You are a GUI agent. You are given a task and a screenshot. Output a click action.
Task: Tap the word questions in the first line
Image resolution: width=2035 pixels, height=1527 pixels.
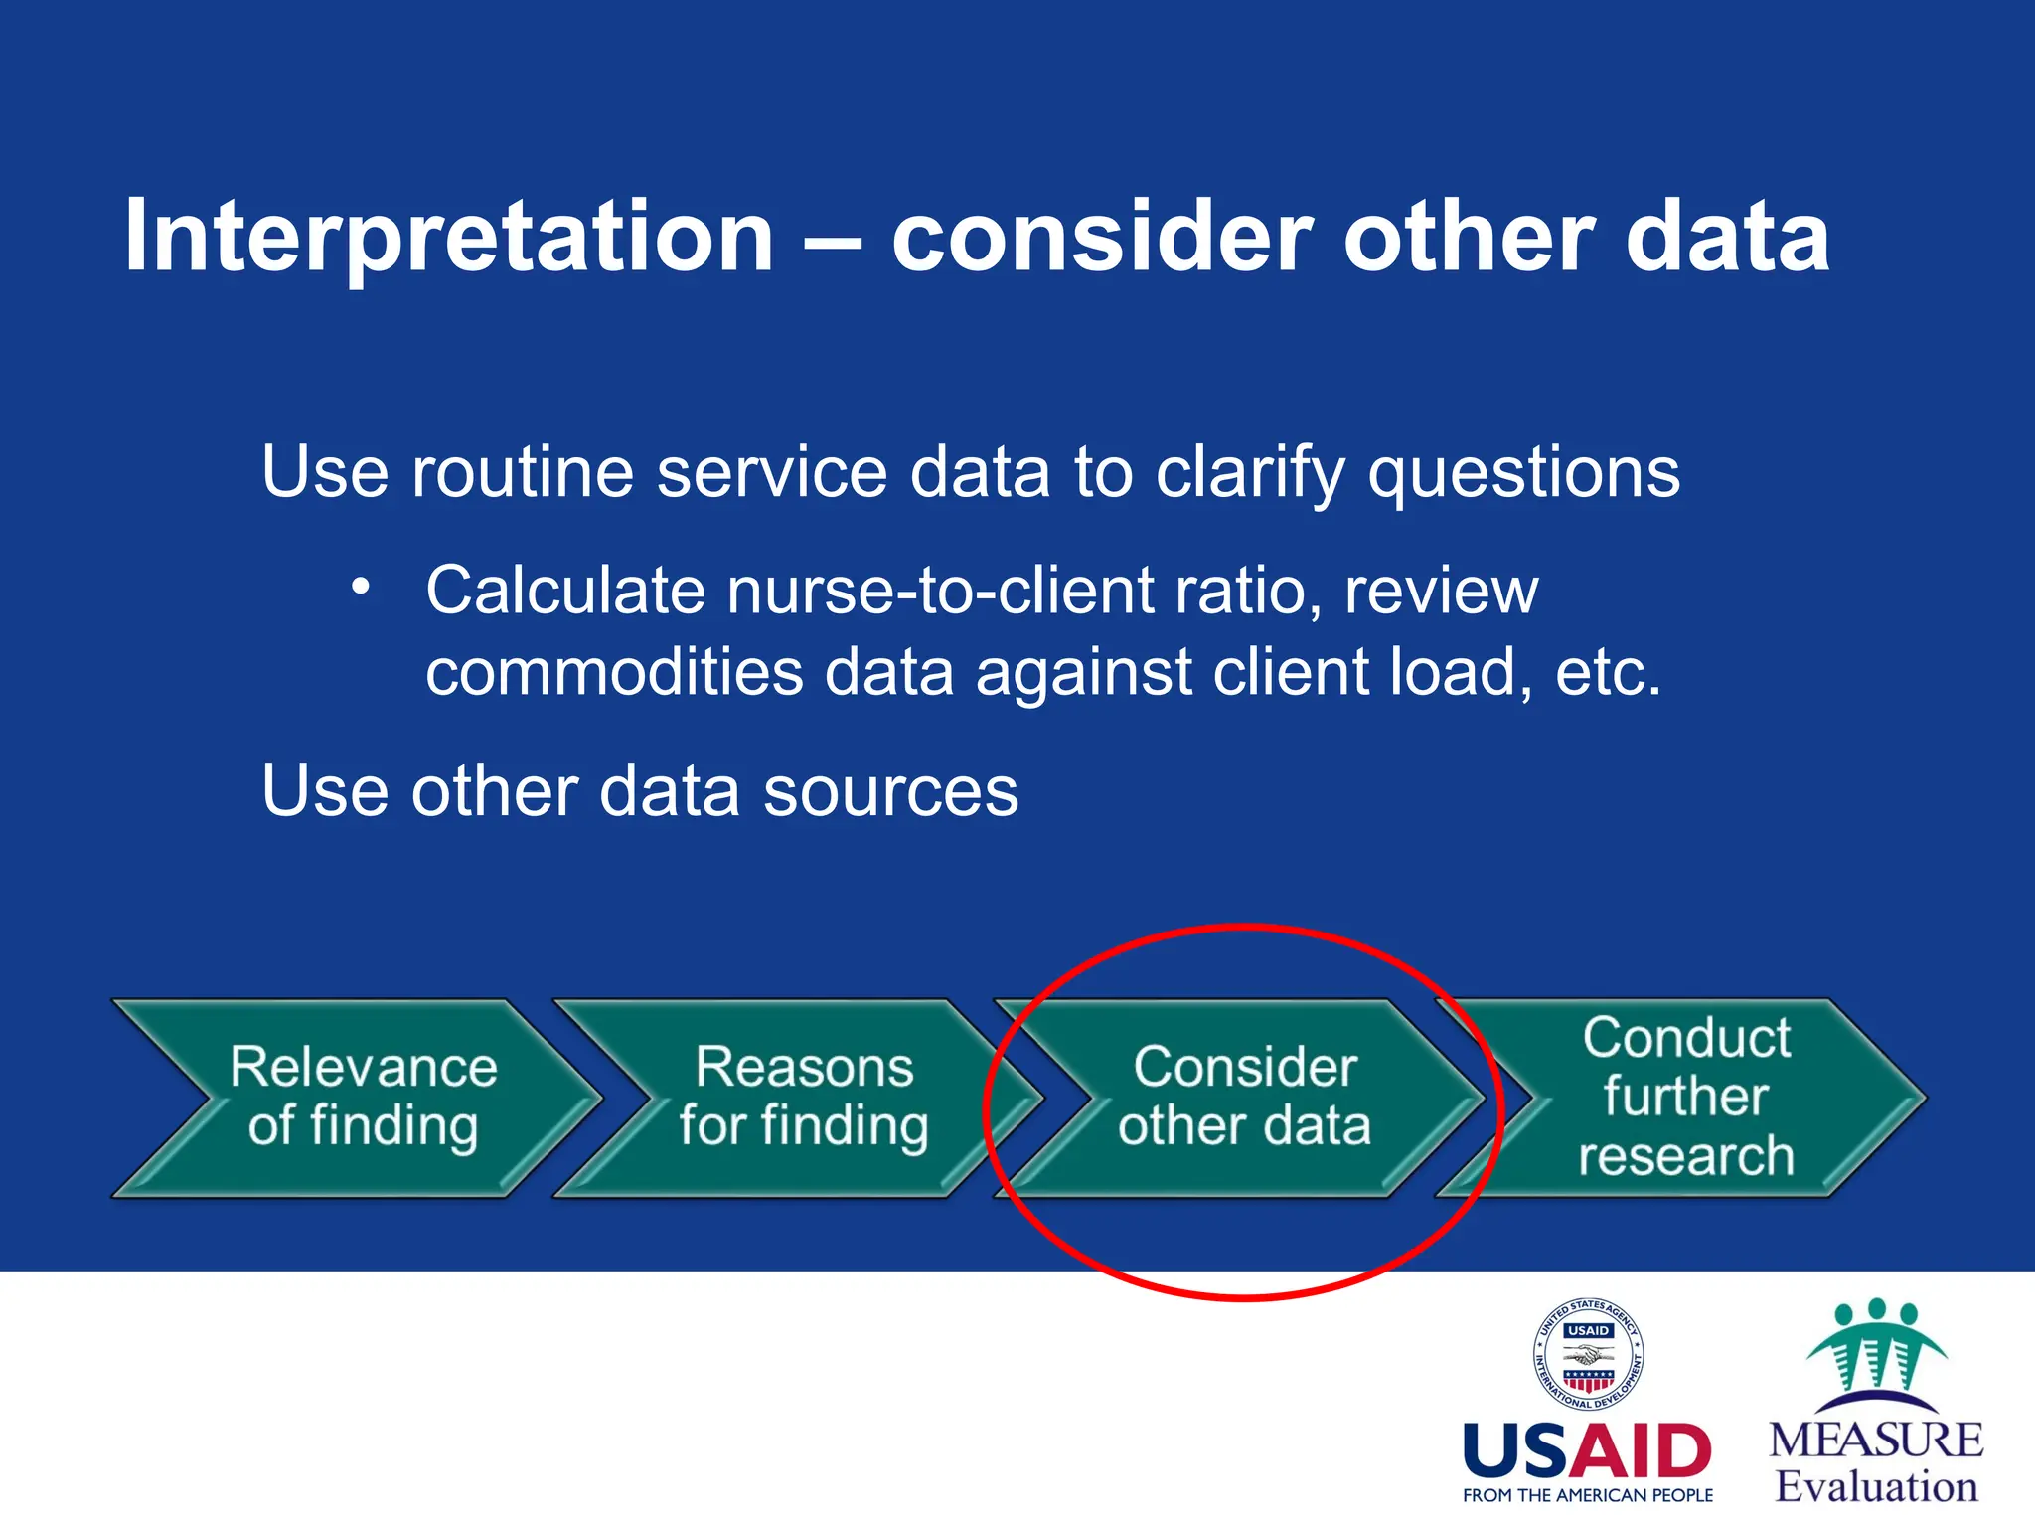click(x=1524, y=473)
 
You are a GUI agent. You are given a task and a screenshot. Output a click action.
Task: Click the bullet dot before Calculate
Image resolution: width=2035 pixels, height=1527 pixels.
click(x=361, y=587)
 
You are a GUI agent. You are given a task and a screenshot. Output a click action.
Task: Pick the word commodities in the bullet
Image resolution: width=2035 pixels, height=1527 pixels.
click(x=614, y=672)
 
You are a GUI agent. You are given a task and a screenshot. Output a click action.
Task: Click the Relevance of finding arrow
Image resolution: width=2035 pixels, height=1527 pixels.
click(x=363, y=1097)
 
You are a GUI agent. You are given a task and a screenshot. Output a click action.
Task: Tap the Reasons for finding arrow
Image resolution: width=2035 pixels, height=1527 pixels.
click(x=803, y=1097)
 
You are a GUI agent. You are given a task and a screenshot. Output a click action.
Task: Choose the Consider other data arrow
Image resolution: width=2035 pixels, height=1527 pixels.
click(x=1244, y=1097)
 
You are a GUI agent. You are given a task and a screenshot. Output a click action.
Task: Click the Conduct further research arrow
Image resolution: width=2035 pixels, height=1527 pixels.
click(x=1685, y=1097)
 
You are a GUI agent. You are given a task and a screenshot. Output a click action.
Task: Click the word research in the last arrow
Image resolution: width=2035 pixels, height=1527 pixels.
click(x=1685, y=1156)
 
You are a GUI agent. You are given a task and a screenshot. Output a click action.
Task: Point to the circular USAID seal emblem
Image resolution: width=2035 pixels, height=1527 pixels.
click(x=1588, y=1354)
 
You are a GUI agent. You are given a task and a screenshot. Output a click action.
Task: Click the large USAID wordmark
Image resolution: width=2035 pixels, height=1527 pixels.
click(x=1587, y=1451)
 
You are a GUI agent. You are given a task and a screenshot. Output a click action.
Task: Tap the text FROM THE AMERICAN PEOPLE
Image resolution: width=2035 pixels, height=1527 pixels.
click(x=1587, y=1495)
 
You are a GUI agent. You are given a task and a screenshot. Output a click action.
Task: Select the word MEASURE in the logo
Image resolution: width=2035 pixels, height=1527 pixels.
click(x=1875, y=1441)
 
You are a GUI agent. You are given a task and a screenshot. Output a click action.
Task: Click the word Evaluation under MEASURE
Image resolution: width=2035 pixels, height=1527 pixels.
click(x=1875, y=1487)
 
